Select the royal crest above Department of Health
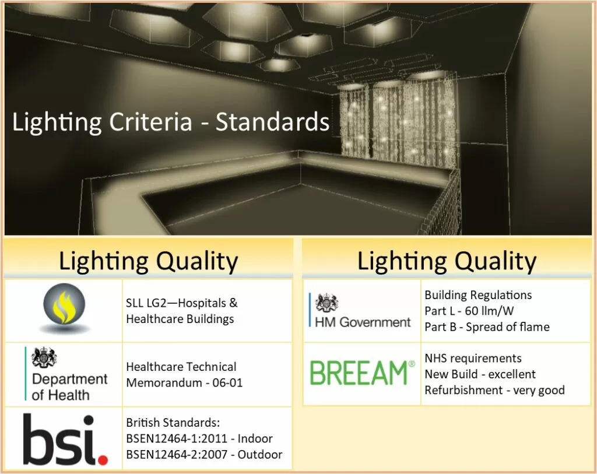pos(44,358)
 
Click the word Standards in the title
pos(273,122)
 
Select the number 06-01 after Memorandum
pos(227,382)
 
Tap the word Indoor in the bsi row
pos(255,438)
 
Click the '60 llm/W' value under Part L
pos(489,311)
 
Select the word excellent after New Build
pos(512,374)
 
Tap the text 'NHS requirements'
pos(473,358)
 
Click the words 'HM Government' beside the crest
pos(363,322)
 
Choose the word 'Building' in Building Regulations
pos(445,295)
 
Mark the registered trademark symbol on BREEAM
pos(412,364)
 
